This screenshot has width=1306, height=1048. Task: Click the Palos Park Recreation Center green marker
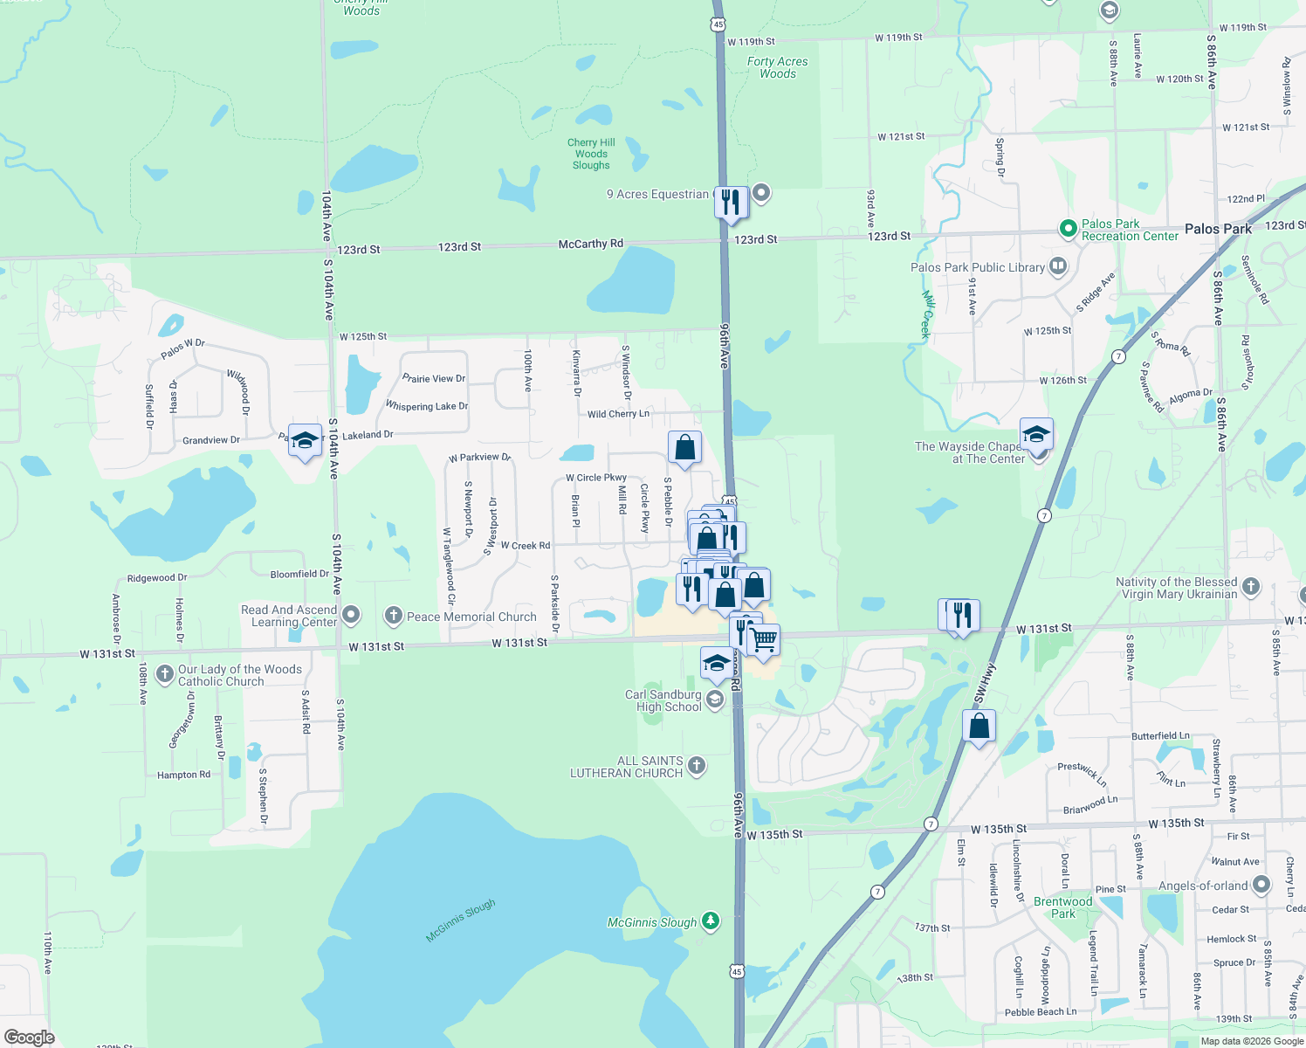tap(1067, 229)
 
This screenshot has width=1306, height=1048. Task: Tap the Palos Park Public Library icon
tap(1058, 265)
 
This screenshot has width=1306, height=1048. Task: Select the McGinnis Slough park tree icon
tap(711, 920)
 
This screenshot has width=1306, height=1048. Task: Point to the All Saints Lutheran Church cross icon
tap(696, 766)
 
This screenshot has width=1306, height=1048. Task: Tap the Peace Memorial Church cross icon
tap(393, 616)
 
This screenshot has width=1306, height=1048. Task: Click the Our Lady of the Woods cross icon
tap(164, 673)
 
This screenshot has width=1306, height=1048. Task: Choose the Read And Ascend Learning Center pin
tap(351, 615)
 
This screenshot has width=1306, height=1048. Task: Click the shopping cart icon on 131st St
tap(764, 639)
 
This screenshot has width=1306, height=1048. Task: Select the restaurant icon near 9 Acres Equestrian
tap(730, 202)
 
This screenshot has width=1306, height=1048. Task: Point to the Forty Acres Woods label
tap(777, 67)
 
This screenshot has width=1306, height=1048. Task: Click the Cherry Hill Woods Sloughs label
tap(591, 154)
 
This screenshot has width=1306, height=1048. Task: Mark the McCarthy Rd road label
tap(591, 244)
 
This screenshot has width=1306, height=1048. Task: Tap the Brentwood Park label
tap(1062, 907)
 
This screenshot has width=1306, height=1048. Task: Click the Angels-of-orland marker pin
tap(1261, 885)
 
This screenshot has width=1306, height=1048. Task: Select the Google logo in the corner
tap(30, 1037)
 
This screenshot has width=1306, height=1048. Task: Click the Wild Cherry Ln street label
tap(618, 414)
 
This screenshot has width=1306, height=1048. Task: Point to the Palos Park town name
tap(1218, 229)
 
